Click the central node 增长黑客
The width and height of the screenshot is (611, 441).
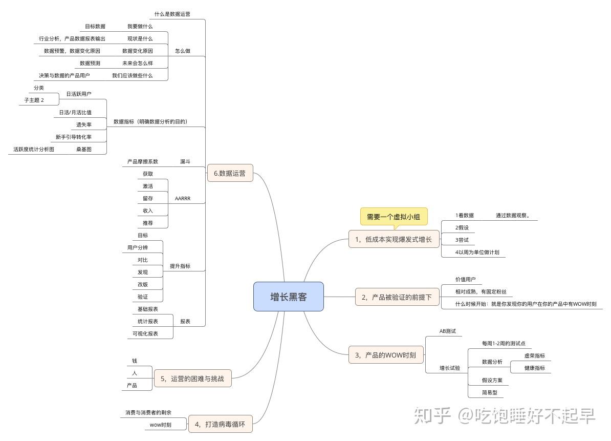(x=289, y=297)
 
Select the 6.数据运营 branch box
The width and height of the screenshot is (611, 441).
(x=230, y=173)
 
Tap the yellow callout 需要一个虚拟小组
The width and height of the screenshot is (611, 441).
(x=393, y=217)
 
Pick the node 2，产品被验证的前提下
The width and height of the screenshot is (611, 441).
(x=397, y=297)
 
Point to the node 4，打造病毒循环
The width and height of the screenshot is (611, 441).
(x=221, y=424)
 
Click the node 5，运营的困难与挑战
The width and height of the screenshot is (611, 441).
(x=192, y=379)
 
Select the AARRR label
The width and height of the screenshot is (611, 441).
(x=182, y=199)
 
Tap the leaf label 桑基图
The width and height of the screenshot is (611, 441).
(x=84, y=149)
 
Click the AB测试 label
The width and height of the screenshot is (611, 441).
(x=447, y=331)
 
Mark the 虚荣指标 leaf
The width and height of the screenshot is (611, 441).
(x=534, y=355)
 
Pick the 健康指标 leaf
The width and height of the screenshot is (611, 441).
(x=534, y=368)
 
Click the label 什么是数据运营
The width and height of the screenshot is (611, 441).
(x=172, y=14)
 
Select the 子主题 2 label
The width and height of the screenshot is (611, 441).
(x=34, y=100)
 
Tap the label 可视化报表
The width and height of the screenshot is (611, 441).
(x=145, y=333)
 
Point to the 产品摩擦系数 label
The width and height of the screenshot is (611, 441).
(x=143, y=161)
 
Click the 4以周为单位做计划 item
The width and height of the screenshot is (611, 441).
(x=477, y=252)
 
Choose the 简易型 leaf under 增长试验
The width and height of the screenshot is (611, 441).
(x=489, y=393)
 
